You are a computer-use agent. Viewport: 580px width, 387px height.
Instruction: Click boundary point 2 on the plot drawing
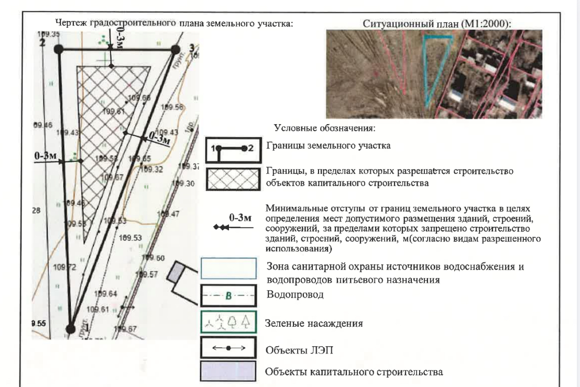(59, 49)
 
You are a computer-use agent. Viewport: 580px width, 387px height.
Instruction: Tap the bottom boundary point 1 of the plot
(70, 328)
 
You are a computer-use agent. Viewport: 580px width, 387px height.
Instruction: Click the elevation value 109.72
(64, 268)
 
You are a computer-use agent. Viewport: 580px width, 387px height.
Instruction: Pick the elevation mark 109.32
(152, 169)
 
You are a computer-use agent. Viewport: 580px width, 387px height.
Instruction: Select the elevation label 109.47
(170, 214)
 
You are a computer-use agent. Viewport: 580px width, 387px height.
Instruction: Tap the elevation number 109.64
(106, 293)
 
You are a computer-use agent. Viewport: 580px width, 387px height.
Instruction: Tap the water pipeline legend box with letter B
(228, 296)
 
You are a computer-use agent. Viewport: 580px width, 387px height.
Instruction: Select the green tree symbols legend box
(228, 324)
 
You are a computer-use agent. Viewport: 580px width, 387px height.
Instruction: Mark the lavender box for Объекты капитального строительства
(228, 372)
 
